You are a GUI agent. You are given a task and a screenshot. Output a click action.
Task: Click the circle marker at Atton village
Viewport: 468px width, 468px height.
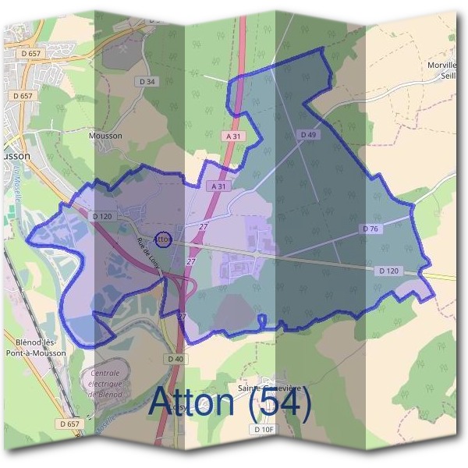164,239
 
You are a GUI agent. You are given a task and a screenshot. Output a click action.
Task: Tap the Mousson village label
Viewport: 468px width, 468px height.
106,135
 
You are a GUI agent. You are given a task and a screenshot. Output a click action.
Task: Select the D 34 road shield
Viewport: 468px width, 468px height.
146,81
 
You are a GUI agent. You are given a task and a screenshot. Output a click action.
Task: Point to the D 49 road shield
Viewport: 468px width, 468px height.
308,135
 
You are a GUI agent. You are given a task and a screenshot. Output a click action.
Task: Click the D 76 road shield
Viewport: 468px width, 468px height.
370,229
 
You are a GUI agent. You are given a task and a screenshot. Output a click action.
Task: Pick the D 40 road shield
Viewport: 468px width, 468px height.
175,359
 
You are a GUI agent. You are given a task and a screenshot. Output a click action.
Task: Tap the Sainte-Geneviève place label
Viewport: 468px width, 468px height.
268,388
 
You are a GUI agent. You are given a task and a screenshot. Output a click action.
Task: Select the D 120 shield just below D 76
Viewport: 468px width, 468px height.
388,270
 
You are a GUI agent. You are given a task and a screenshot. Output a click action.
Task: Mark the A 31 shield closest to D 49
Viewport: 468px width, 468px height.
232,136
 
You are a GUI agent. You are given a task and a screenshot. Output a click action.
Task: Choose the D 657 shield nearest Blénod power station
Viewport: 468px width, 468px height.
69,424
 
